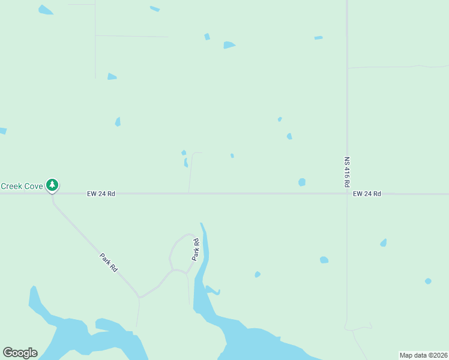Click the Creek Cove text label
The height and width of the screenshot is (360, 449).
22,186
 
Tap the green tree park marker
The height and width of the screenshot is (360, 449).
53,185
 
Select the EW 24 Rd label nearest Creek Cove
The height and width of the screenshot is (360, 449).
101,194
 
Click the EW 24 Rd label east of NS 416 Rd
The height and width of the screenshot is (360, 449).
367,194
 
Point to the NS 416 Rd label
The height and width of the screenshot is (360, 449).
347,172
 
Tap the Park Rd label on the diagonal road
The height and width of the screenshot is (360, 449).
109,263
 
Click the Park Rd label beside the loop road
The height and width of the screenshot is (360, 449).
196,249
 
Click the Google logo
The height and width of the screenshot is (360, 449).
20,353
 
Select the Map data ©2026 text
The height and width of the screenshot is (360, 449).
423,355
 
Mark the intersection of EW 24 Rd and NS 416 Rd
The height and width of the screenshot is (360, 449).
347,194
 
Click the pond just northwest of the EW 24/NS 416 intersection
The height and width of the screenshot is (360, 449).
302,182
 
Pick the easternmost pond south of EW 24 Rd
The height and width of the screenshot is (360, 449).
428,281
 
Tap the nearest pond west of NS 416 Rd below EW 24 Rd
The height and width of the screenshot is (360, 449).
324,260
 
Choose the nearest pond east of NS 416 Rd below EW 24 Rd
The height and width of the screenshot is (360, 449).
384,243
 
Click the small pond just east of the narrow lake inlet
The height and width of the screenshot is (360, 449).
258,274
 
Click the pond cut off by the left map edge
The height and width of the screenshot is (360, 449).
2,130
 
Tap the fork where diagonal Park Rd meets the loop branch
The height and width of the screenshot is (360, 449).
139,296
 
